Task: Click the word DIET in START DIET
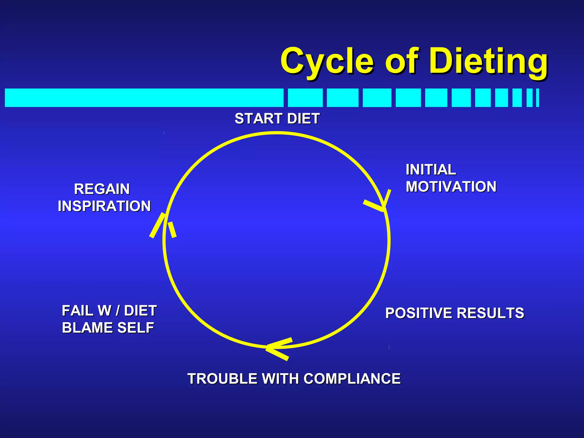coord(303,119)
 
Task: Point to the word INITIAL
coord(431,170)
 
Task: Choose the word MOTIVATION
coord(451,187)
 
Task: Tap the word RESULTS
coord(490,313)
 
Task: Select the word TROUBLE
coord(222,379)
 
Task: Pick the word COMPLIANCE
coord(352,379)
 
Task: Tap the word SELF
coord(136,328)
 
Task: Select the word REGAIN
coord(102,189)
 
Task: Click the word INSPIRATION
coord(104,206)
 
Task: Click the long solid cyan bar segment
coord(144,98)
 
